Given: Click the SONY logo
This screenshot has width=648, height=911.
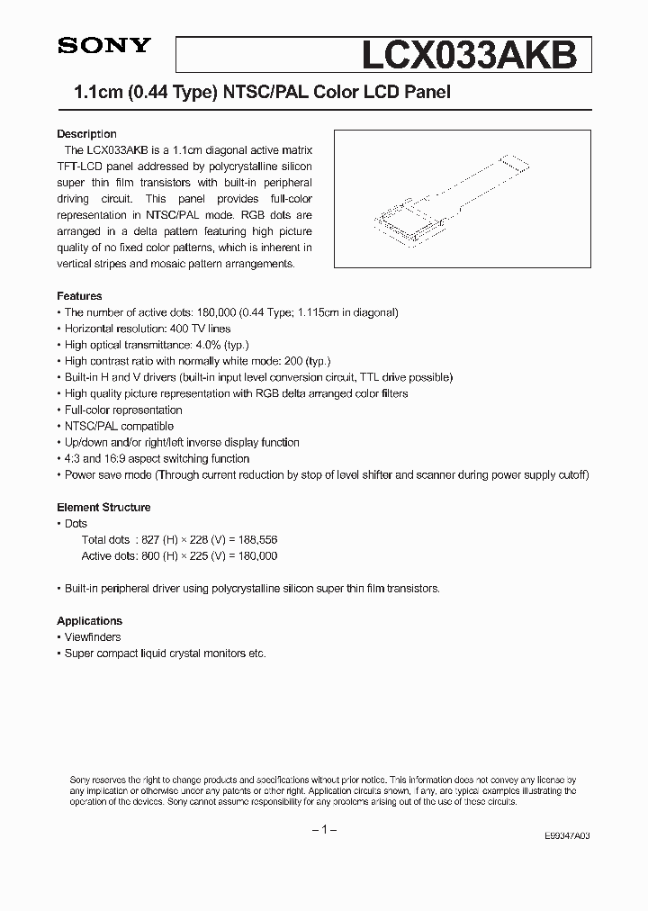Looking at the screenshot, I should [x=96, y=48].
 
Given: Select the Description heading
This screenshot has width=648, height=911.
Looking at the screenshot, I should [x=86, y=134].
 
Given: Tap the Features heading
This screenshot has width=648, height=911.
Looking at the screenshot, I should [x=79, y=296].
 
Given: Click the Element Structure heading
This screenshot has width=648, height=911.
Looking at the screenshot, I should [x=103, y=508].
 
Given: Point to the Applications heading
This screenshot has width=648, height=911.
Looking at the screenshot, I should [x=89, y=621].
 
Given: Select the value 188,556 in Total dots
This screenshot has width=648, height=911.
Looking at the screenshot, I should [x=256, y=540].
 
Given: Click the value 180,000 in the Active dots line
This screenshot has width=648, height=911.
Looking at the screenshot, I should [x=256, y=556].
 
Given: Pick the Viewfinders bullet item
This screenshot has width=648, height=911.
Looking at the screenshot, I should [x=92, y=637].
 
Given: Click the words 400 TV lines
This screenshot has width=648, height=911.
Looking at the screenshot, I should [x=204, y=329].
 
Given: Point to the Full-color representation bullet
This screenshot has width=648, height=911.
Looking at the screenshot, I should [x=123, y=410].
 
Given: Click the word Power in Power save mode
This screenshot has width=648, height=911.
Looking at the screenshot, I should [x=79, y=474].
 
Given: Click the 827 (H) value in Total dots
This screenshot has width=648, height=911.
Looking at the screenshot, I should [x=154, y=540].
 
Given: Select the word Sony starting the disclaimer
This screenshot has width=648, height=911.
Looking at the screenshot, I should [x=80, y=780].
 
